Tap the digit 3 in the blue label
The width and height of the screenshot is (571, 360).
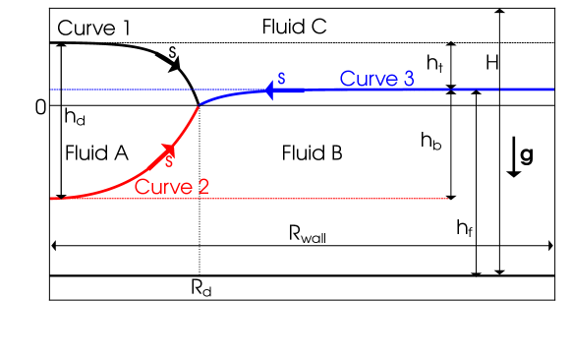(408, 79)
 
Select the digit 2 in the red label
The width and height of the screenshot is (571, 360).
(202, 187)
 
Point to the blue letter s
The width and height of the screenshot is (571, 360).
(282, 78)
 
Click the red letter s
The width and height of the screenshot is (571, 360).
(169, 161)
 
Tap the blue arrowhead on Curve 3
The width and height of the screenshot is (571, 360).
(267, 90)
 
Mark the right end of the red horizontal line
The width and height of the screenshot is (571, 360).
(449, 199)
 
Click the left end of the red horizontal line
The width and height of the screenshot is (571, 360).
(52, 199)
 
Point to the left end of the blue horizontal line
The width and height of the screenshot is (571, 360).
(52, 90)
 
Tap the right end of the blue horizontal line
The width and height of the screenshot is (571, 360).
(553, 90)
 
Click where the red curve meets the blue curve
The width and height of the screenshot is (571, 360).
(199, 103)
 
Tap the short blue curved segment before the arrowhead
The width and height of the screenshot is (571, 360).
(231, 94)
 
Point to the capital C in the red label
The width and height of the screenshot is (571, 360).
(142, 187)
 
